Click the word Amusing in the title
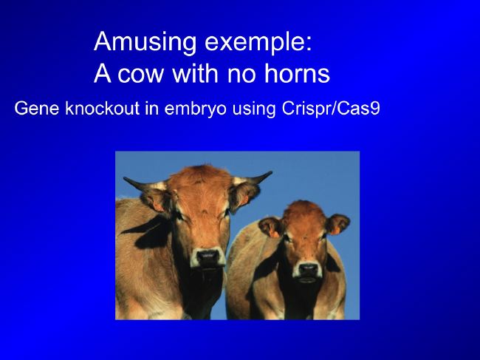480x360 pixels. tap(145, 42)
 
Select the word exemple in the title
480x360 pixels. tap(258, 42)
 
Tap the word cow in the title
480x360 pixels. tap(140, 73)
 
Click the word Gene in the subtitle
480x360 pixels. tap(37, 109)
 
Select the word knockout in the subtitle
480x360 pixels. tap(103, 109)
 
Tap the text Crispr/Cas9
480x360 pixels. tap(331, 109)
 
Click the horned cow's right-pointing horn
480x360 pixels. tap(253, 178)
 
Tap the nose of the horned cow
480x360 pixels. tap(208, 257)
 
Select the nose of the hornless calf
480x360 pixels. tap(308, 269)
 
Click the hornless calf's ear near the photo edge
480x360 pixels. tap(337, 224)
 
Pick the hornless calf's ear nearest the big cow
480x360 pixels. tap(270, 227)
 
